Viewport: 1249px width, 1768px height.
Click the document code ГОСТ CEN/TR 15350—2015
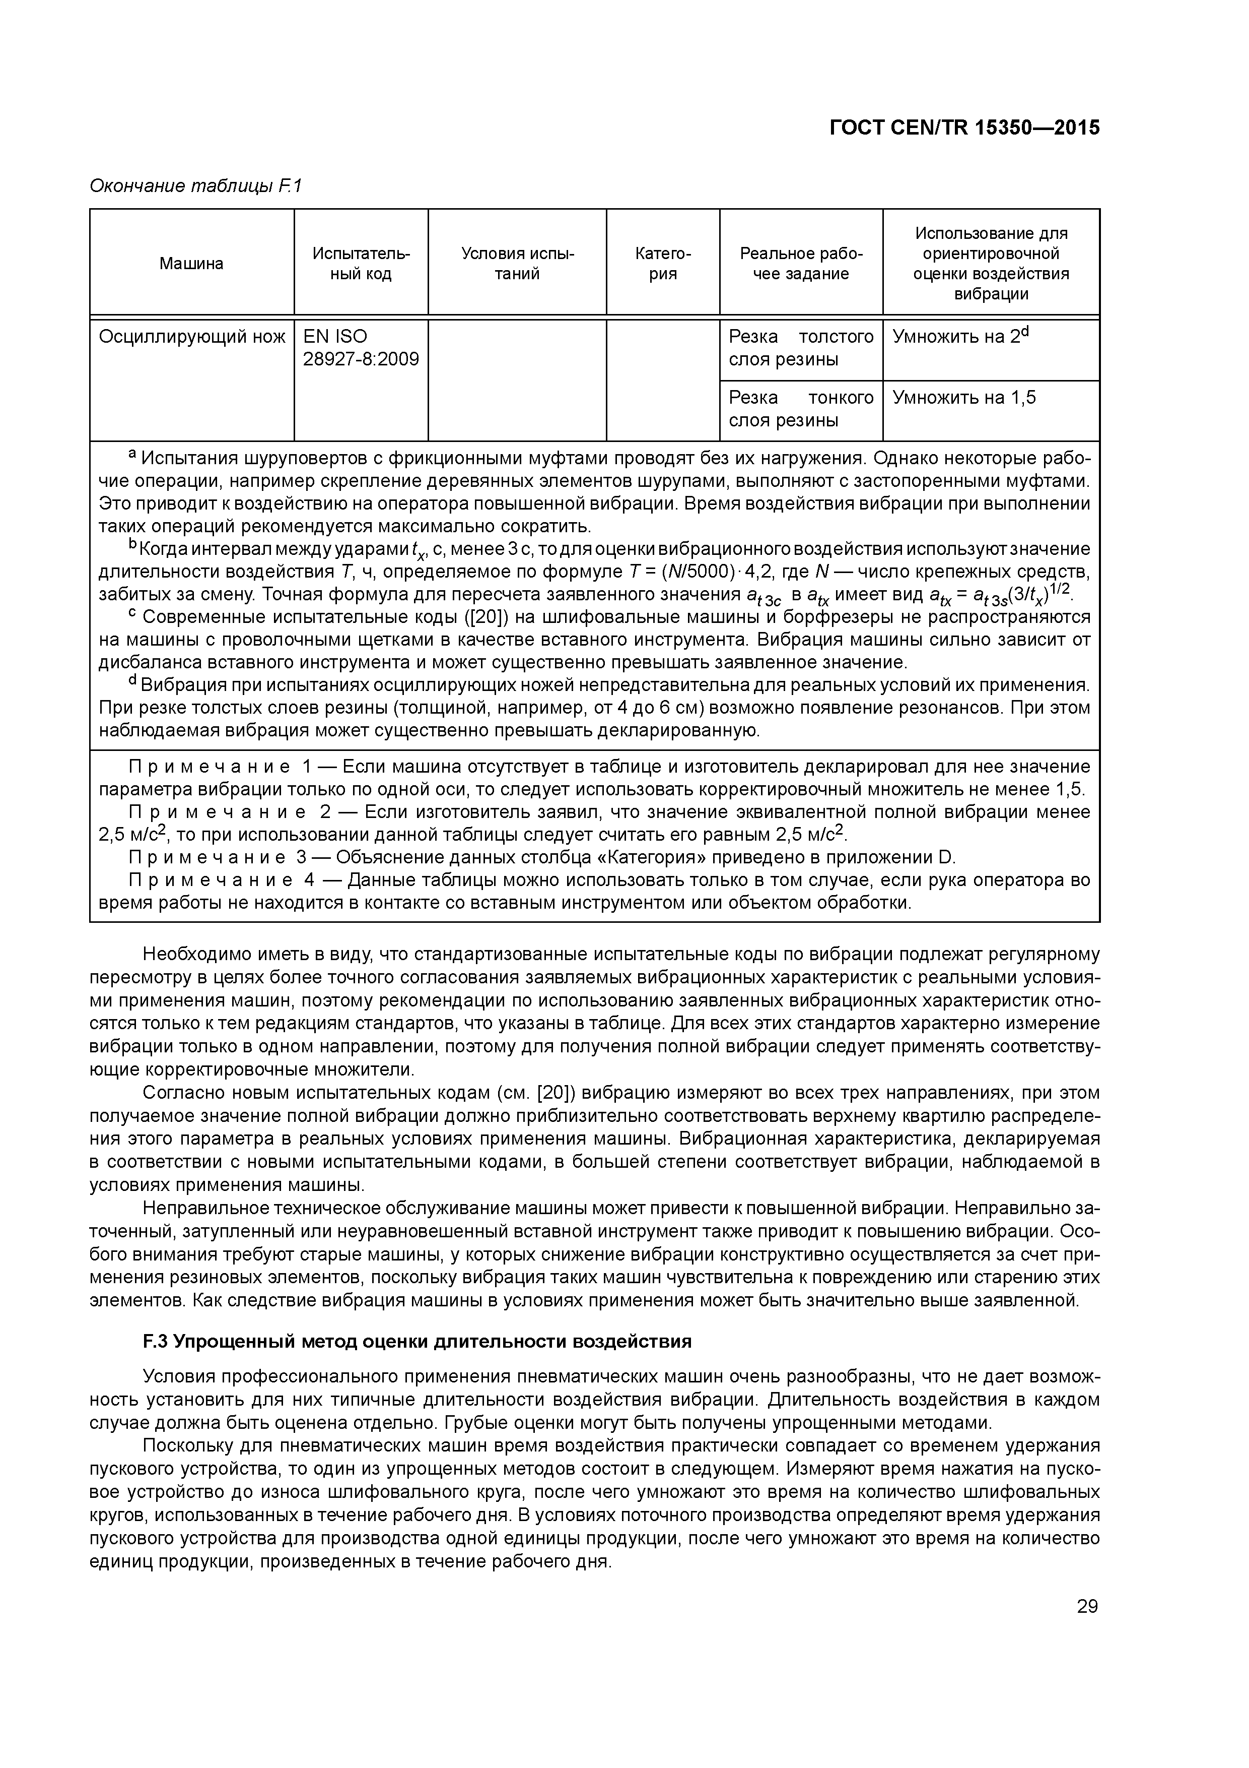point(964,128)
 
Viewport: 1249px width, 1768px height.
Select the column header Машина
point(191,264)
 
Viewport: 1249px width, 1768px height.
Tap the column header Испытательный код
point(361,264)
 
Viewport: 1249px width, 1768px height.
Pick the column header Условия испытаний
point(517,264)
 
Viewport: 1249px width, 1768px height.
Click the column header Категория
point(663,264)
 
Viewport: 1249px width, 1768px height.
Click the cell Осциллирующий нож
point(191,337)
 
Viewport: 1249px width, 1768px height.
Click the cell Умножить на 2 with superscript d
point(959,337)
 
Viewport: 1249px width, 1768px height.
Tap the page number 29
point(1087,1606)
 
